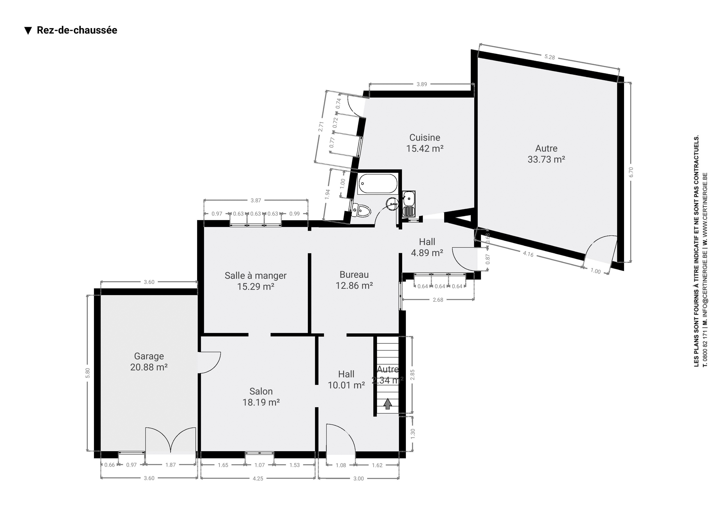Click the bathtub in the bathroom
coord(378,184)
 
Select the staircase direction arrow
coord(387,404)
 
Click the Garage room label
coord(149,356)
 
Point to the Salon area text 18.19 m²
coord(261,402)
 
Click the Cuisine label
coord(425,138)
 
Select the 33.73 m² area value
coord(546,159)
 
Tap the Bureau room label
coord(354,274)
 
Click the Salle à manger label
coord(256,276)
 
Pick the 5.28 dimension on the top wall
coord(549,57)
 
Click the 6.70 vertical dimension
coord(631,172)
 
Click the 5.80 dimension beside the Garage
coord(88,373)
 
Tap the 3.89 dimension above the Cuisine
coord(422,84)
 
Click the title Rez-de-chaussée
coord(77,30)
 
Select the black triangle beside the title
coord(28,31)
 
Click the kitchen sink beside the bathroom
coord(409,204)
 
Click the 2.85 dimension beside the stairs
coord(412,375)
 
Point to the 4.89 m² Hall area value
coord(427,253)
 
